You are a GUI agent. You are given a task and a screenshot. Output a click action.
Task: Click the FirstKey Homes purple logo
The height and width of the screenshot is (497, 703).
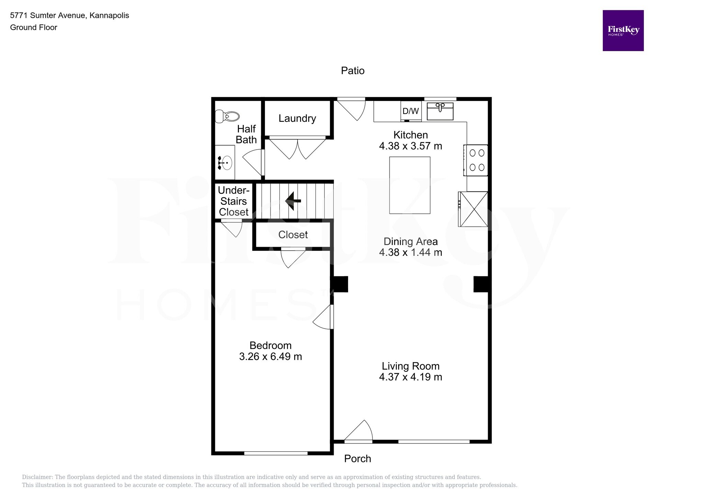tap(623, 31)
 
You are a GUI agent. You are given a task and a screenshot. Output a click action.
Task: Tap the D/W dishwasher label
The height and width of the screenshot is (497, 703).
tap(411, 111)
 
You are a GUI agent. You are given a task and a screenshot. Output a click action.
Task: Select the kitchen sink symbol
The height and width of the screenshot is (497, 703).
tap(440, 111)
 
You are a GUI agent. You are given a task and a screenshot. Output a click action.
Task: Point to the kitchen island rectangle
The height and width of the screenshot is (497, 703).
tap(410, 185)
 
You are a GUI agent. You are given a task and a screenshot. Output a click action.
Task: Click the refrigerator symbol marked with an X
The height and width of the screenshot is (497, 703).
tap(474, 209)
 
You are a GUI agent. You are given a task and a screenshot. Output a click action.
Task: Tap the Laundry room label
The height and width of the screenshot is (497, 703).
tap(297, 118)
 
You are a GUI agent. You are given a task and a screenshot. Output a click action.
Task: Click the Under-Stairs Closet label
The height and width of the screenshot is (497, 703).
tap(233, 201)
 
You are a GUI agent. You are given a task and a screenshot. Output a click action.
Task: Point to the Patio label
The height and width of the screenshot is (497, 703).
tap(353, 71)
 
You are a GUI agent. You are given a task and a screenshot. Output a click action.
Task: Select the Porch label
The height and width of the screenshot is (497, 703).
tap(357, 459)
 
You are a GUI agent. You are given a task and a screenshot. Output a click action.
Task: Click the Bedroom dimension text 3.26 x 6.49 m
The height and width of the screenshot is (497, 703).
tap(270, 357)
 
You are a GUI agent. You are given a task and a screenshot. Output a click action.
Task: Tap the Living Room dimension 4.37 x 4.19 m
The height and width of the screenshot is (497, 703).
tap(410, 377)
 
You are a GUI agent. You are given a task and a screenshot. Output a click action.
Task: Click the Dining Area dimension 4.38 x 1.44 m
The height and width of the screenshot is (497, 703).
tap(410, 252)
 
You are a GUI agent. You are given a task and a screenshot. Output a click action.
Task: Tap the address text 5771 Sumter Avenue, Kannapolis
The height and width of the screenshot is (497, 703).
tap(69, 15)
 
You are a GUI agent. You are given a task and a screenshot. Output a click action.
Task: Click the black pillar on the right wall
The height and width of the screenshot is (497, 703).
tap(481, 284)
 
